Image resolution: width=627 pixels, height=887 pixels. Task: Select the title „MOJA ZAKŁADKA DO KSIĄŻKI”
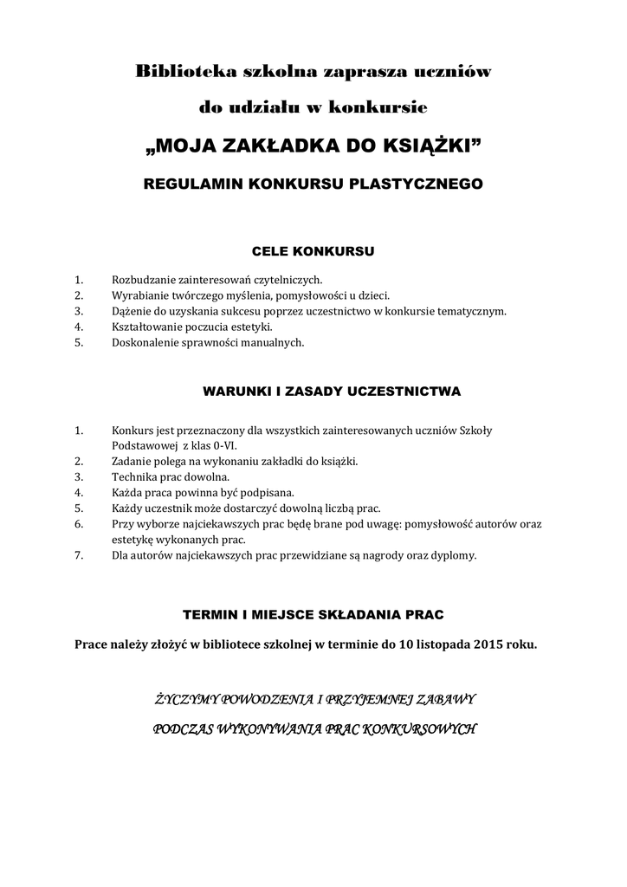click(x=313, y=146)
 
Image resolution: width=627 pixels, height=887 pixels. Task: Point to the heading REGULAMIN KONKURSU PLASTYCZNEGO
click(x=313, y=184)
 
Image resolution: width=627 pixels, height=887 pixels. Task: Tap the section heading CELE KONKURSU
click(x=313, y=252)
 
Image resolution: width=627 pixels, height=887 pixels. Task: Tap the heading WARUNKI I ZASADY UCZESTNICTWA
click(x=332, y=392)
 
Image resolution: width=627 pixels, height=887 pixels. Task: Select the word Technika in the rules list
click(x=133, y=476)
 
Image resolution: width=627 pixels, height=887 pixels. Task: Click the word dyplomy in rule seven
click(x=454, y=554)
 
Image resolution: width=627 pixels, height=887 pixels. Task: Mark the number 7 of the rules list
click(x=78, y=554)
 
